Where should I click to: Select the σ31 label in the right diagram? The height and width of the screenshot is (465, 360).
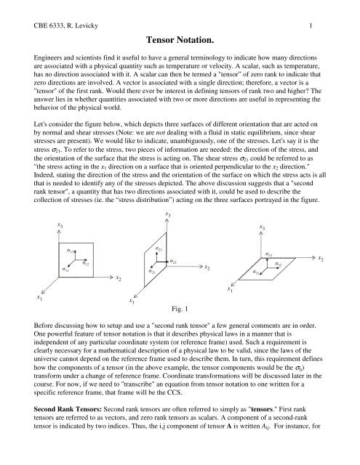tap(257, 272)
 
